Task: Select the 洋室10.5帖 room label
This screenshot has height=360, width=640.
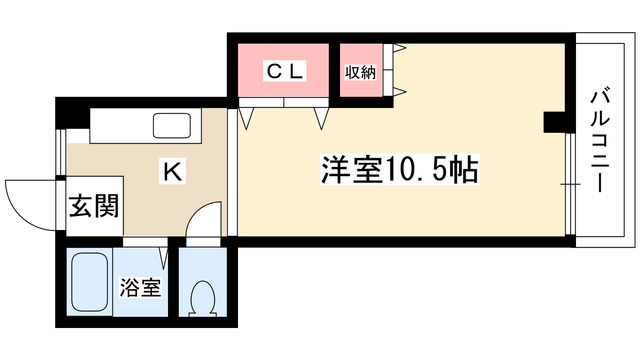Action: click(399, 169)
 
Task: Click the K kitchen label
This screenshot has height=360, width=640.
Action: click(171, 172)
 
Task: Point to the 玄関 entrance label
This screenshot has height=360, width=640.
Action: click(94, 207)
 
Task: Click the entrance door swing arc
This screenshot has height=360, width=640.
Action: click(28, 200)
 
